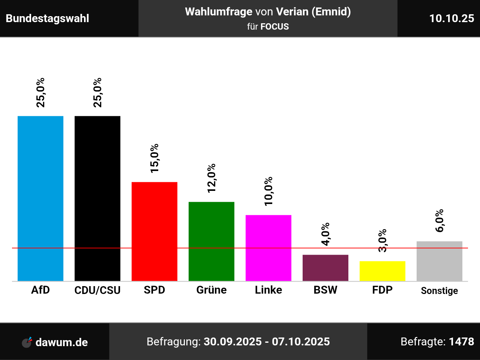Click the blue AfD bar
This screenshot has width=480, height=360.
(x=40, y=198)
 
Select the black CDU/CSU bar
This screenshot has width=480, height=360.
(x=97, y=198)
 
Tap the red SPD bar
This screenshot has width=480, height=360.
(x=154, y=231)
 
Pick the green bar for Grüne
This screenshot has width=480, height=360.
(x=211, y=241)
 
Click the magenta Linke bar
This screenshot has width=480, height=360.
(x=268, y=248)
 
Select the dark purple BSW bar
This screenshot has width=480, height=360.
(x=325, y=268)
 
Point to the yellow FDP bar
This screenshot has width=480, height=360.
(x=382, y=271)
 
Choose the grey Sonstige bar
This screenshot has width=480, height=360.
(x=439, y=261)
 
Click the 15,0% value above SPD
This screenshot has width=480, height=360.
(x=154, y=158)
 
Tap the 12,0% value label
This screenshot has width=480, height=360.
(x=211, y=178)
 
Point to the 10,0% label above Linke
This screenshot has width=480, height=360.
(x=268, y=191)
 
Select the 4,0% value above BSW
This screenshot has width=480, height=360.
(x=325, y=234)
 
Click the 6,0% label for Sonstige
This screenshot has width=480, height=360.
(x=439, y=220)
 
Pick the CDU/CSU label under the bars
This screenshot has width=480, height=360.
(x=97, y=290)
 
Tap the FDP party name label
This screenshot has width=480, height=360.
(x=382, y=290)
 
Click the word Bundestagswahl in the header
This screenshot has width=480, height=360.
(x=48, y=18)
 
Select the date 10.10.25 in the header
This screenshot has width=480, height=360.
(x=451, y=18)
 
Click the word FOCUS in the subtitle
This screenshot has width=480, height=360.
(x=274, y=27)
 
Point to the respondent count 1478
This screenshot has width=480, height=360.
(x=461, y=342)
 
